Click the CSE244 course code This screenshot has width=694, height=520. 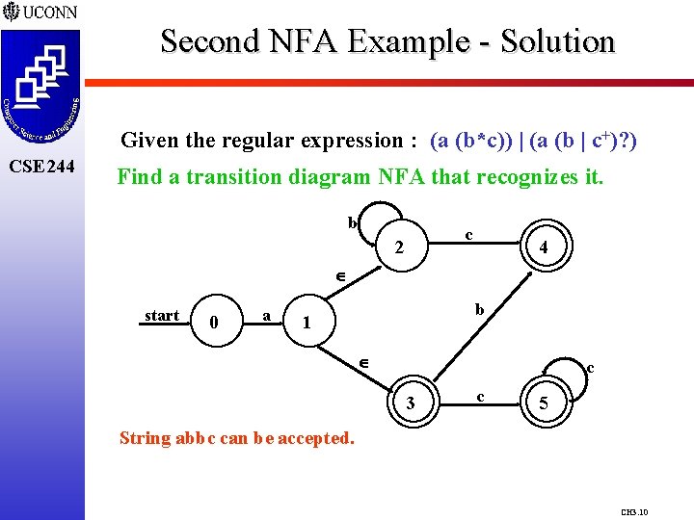coord(41,167)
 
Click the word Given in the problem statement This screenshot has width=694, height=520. coord(149,141)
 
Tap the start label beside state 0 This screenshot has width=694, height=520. coord(162,316)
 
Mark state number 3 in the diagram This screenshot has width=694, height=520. coord(412,403)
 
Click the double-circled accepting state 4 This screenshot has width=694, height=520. coord(544,247)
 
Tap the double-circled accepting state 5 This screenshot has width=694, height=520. coord(544,404)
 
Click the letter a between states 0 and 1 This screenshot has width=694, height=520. coord(266,315)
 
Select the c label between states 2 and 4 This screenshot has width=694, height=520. coord(468,234)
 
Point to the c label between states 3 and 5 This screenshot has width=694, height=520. coord(481,396)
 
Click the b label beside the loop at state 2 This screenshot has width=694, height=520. coord(352,222)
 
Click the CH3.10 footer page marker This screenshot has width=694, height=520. coord(634,512)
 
